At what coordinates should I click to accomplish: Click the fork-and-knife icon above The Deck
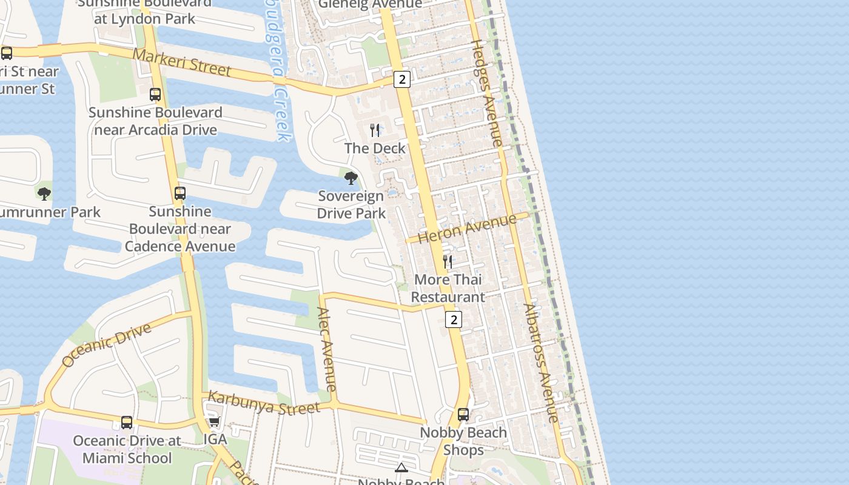coord(375,130)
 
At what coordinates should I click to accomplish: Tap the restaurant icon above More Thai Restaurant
coord(448,262)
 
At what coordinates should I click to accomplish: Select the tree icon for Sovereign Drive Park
coord(351,178)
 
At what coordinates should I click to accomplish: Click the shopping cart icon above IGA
coord(213,422)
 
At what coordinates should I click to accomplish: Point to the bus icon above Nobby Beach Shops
coord(463,415)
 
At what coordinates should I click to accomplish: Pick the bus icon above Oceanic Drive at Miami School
coord(127,423)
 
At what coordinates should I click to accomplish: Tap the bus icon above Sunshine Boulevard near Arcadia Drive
coord(155,95)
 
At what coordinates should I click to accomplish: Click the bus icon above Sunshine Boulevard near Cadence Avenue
coord(180,193)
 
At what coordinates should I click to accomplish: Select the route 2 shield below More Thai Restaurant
coord(454,319)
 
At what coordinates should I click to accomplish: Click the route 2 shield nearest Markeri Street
coord(401,79)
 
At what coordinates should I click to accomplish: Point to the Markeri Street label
coord(182,62)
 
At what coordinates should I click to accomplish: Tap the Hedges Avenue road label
coord(487,93)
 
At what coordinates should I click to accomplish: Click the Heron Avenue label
coord(467,229)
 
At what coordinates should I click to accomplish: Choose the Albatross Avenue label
coord(540,363)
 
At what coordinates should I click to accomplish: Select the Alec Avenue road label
coord(326,349)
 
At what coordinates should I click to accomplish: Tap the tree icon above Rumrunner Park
coord(44,194)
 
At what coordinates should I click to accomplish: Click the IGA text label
coord(215,440)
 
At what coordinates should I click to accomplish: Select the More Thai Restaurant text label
coord(448,288)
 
